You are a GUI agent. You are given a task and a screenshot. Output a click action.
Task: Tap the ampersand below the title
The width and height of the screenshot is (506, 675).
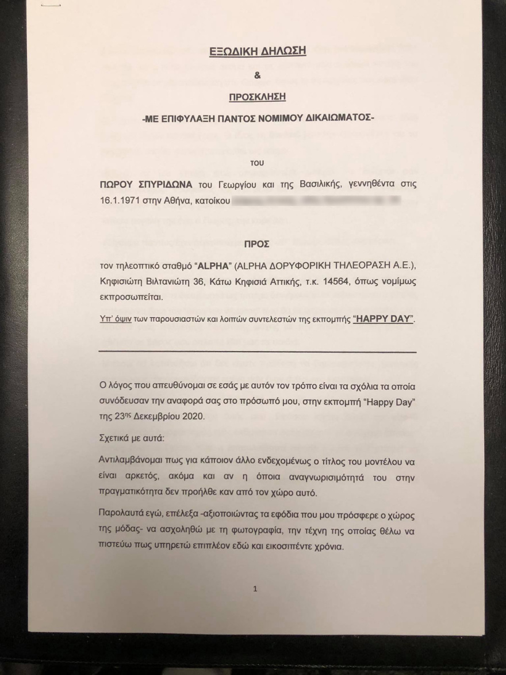[257, 74]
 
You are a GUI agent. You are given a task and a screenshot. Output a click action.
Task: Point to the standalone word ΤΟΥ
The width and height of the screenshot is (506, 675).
[257, 163]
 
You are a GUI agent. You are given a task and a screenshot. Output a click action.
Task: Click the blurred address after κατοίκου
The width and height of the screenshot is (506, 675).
[316, 202]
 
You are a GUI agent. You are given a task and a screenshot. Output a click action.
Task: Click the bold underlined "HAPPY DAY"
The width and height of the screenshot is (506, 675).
[384, 319]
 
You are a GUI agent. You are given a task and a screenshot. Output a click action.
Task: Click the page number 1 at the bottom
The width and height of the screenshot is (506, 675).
[255, 588]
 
